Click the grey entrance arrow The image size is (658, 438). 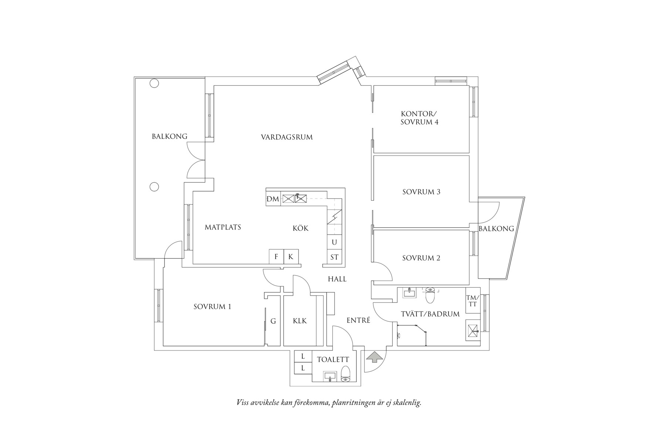[375, 357]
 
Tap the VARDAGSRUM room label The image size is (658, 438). [286, 137]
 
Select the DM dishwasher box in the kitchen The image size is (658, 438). [273, 199]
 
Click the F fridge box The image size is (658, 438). [276, 256]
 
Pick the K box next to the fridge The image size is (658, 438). [291, 256]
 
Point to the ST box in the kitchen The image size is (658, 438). [334, 257]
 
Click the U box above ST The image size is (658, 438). [334, 242]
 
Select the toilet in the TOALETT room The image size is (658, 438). [345, 373]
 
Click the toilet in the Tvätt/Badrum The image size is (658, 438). [430, 295]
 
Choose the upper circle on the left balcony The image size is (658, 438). [154, 83]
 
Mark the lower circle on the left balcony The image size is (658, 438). [154, 187]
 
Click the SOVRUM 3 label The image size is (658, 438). [421, 192]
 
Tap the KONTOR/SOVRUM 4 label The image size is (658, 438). [419, 118]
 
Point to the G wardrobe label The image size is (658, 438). [273, 321]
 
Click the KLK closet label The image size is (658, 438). [300, 321]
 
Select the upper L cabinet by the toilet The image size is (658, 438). [303, 356]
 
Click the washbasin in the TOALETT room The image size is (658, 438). [330, 376]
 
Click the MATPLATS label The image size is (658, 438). [223, 227]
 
